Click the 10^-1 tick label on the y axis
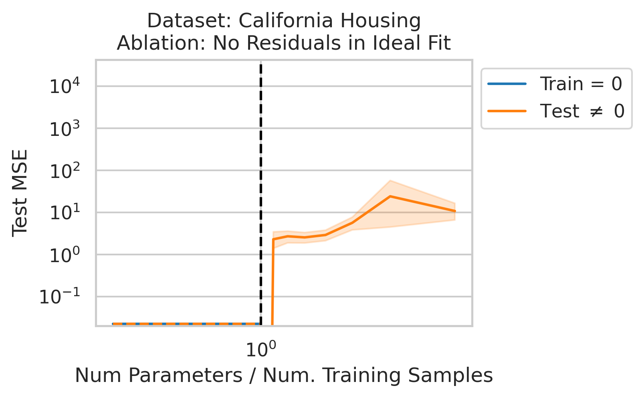60,297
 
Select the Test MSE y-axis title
20,193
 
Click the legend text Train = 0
581,84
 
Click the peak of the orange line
390,196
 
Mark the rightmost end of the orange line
455,211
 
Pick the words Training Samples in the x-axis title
408,376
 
